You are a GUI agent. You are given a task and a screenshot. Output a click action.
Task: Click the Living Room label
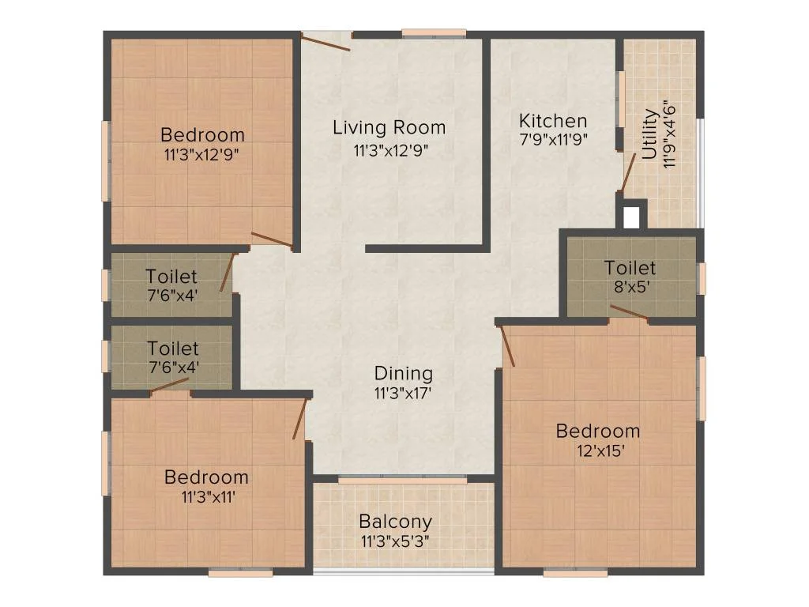click(x=389, y=127)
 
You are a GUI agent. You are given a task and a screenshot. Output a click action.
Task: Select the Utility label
click(x=649, y=135)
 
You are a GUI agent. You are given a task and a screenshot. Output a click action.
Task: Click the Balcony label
click(x=395, y=522)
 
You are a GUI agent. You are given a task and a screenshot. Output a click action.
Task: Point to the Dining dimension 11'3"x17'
click(x=403, y=392)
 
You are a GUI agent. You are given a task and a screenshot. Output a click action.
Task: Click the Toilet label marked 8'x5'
click(x=630, y=268)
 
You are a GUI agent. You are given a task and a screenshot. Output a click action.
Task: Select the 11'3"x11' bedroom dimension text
click(x=206, y=496)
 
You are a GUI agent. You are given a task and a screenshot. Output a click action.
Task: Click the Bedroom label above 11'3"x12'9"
click(x=202, y=134)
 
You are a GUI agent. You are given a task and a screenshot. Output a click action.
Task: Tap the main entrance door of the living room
click(x=325, y=41)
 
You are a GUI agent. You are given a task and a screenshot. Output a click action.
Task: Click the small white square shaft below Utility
click(x=630, y=217)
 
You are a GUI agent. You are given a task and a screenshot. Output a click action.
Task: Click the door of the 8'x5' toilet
click(x=629, y=313)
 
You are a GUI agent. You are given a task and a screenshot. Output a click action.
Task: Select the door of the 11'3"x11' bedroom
click(x=299, y=419)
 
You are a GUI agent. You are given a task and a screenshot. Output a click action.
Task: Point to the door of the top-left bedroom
click(x=272, y=240)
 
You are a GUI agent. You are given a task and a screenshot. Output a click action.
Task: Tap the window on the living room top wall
click(x=434, y=34)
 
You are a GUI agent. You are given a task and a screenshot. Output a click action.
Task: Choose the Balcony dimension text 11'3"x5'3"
click(x=395, y=541)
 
